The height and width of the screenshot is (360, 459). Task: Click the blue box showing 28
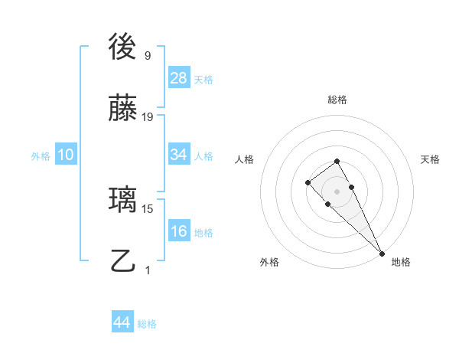179,78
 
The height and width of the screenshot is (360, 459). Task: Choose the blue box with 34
179,155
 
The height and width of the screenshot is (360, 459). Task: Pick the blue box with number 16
179,231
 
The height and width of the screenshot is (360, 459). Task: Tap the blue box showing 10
66,155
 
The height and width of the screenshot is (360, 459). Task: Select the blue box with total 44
122,322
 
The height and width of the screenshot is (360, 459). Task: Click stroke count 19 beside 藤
148,117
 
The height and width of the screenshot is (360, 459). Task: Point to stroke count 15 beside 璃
148,208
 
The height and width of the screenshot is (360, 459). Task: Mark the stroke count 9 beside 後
148,56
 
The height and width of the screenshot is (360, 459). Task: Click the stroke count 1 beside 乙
148,270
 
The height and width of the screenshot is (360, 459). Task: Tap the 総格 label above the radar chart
337,100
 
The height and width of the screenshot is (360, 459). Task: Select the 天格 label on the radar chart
430,159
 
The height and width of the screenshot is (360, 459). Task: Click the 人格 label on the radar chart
244,159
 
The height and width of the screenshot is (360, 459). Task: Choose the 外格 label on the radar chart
269,262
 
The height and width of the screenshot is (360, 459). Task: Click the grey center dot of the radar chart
337,191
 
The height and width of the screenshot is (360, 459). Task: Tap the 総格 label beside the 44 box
147,324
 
